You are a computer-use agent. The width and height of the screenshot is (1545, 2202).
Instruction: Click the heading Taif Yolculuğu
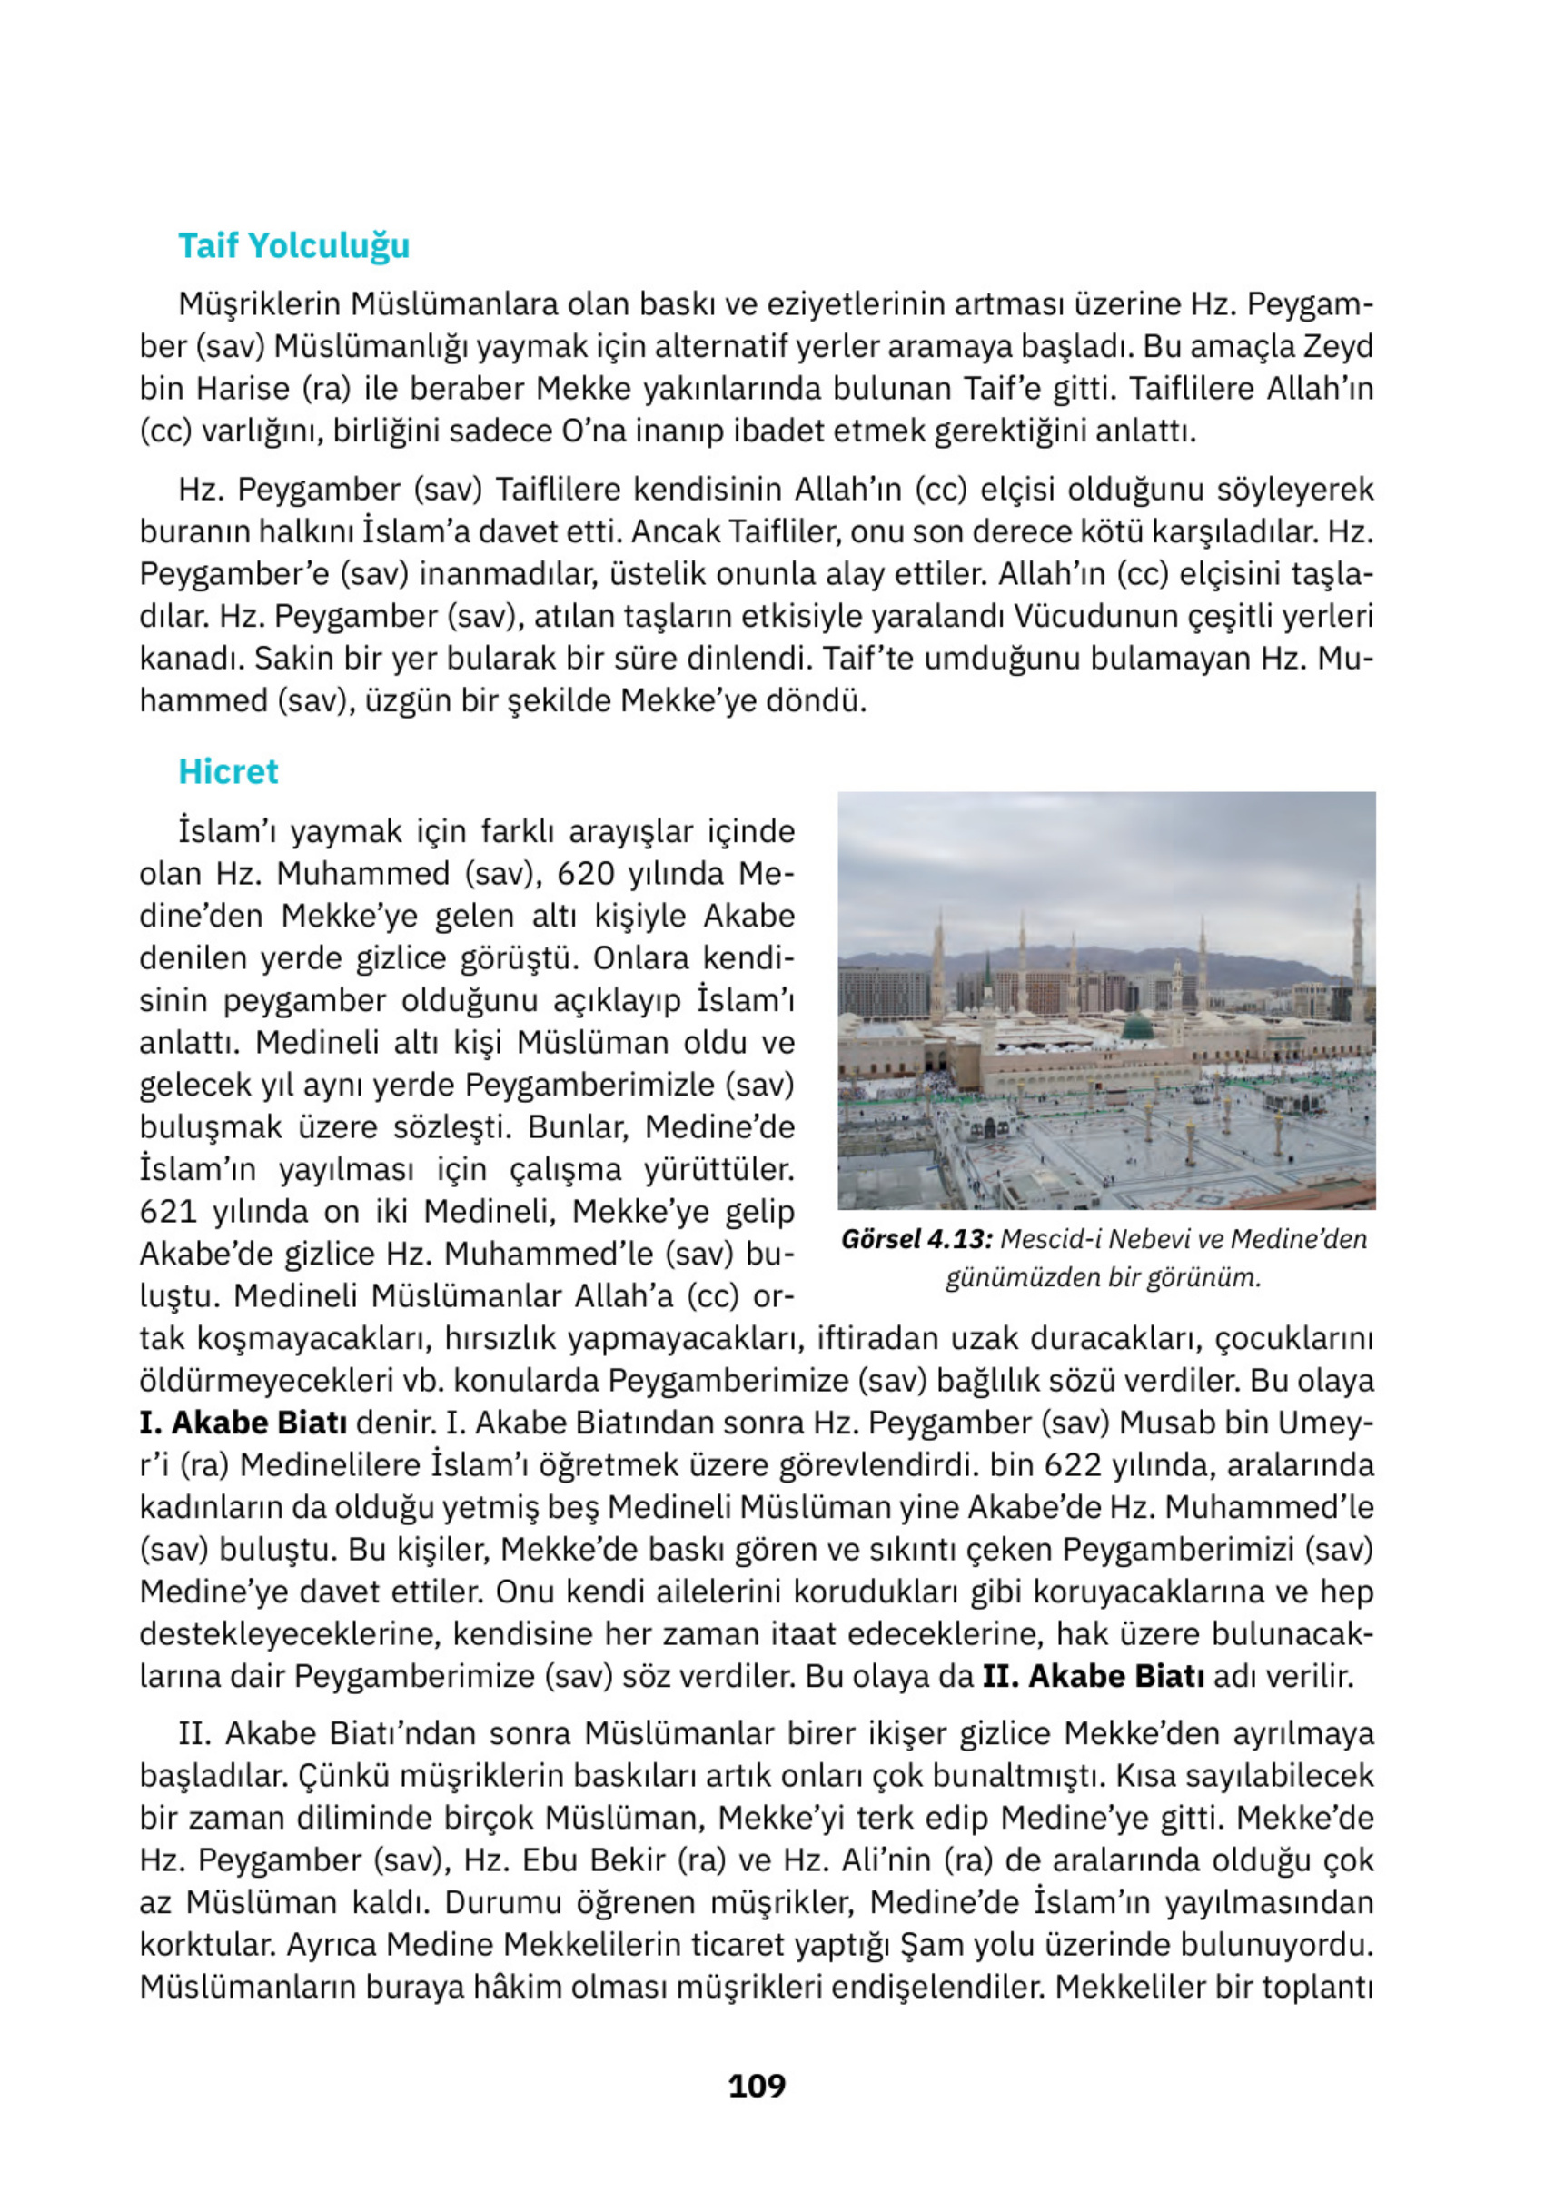(293, 246)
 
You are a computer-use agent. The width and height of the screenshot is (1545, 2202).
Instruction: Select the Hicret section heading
(228, 772)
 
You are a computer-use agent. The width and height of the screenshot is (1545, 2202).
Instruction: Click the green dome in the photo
(1139, 1027)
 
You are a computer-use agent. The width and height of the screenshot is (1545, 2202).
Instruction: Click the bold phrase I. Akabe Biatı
(243, 1423)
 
